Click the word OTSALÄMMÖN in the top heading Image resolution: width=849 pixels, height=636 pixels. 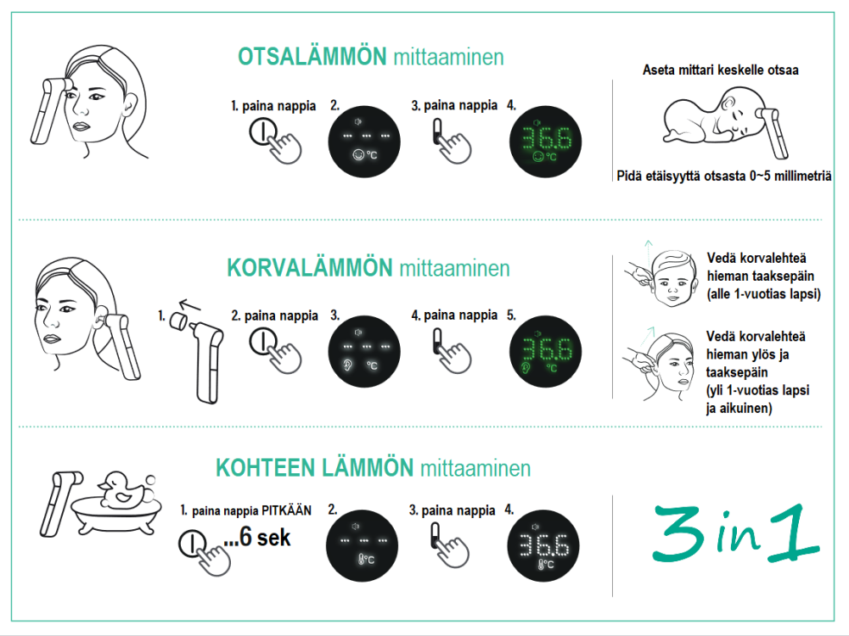312,56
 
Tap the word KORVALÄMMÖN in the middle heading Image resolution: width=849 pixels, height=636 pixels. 309,267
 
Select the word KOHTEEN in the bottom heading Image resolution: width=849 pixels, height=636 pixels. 265,468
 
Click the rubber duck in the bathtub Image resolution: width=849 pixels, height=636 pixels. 123,488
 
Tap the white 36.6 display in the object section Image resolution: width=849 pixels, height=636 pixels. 543,545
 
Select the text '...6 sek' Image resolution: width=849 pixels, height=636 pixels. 257,537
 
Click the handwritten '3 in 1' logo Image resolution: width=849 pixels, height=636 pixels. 736,533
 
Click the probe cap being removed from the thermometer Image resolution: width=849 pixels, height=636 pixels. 178,321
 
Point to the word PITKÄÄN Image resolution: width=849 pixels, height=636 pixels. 286,510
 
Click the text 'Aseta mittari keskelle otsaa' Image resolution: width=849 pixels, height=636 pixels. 721,70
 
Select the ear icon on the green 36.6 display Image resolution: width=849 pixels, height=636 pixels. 525,368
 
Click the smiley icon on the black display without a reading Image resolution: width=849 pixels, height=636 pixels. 358,155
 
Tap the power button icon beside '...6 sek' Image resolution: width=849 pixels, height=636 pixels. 192,543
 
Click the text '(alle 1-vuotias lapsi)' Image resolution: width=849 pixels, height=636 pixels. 764,294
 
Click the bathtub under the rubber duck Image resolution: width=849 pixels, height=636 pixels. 117,516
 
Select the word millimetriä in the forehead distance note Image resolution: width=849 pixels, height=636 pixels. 803,176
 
